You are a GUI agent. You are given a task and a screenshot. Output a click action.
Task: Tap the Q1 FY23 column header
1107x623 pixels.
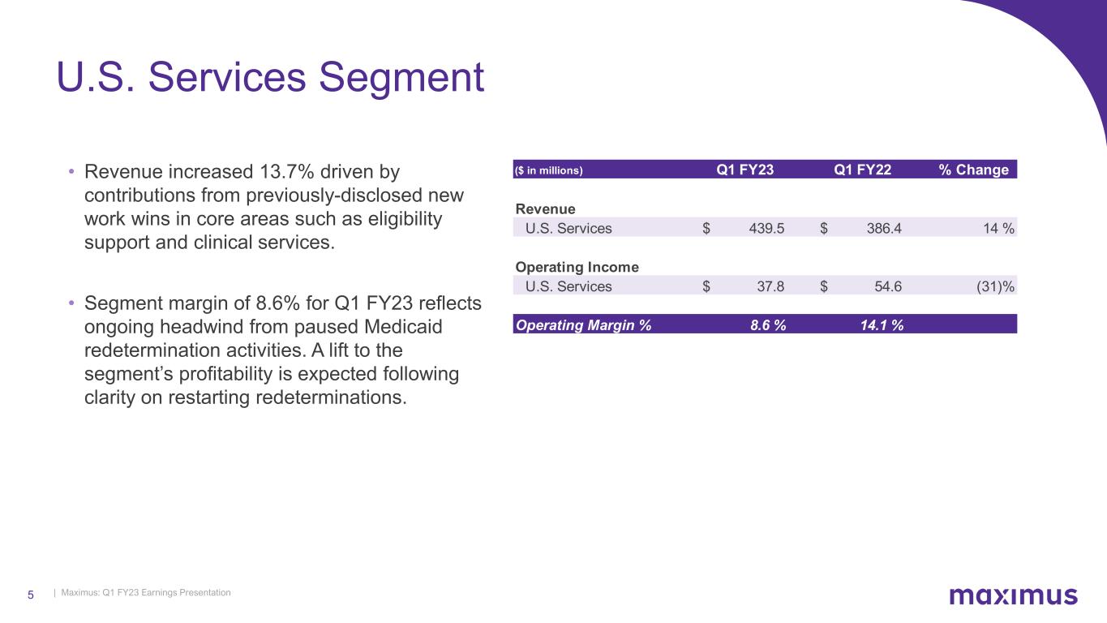[744, 170]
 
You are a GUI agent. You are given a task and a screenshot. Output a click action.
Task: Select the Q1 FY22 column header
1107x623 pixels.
[862, 170]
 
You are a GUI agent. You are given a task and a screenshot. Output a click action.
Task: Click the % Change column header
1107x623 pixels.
[973, 170]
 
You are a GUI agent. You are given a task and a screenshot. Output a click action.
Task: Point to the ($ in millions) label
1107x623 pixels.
[549, 170]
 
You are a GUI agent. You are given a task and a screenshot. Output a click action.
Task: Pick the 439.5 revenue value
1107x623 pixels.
[766, 229]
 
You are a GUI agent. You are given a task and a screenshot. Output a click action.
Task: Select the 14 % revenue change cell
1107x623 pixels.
[998, 229]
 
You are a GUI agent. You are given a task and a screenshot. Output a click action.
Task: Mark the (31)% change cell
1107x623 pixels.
[995, 286]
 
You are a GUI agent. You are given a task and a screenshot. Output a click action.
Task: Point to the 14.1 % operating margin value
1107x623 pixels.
[882, 324]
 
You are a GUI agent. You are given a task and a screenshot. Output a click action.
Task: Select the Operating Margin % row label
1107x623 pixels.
[583, 324]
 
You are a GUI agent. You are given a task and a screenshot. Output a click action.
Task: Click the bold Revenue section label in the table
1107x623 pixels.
[545, 209]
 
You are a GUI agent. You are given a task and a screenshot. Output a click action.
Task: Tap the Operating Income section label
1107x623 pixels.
[577, 267]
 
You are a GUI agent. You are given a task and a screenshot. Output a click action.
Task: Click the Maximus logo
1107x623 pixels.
[1013, 596]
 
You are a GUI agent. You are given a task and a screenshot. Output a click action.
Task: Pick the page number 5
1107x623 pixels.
[31, 595]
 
